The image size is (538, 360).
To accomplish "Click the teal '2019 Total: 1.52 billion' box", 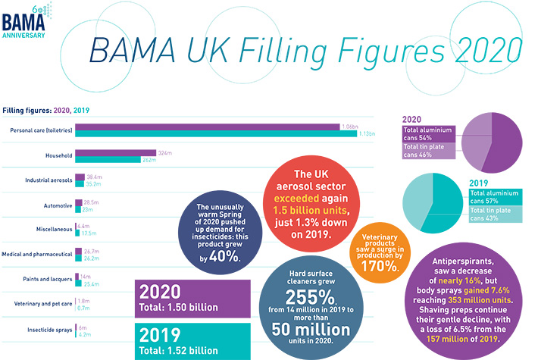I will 192,340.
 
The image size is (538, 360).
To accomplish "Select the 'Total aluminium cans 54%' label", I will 429,134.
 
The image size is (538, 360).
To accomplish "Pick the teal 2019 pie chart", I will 435,203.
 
